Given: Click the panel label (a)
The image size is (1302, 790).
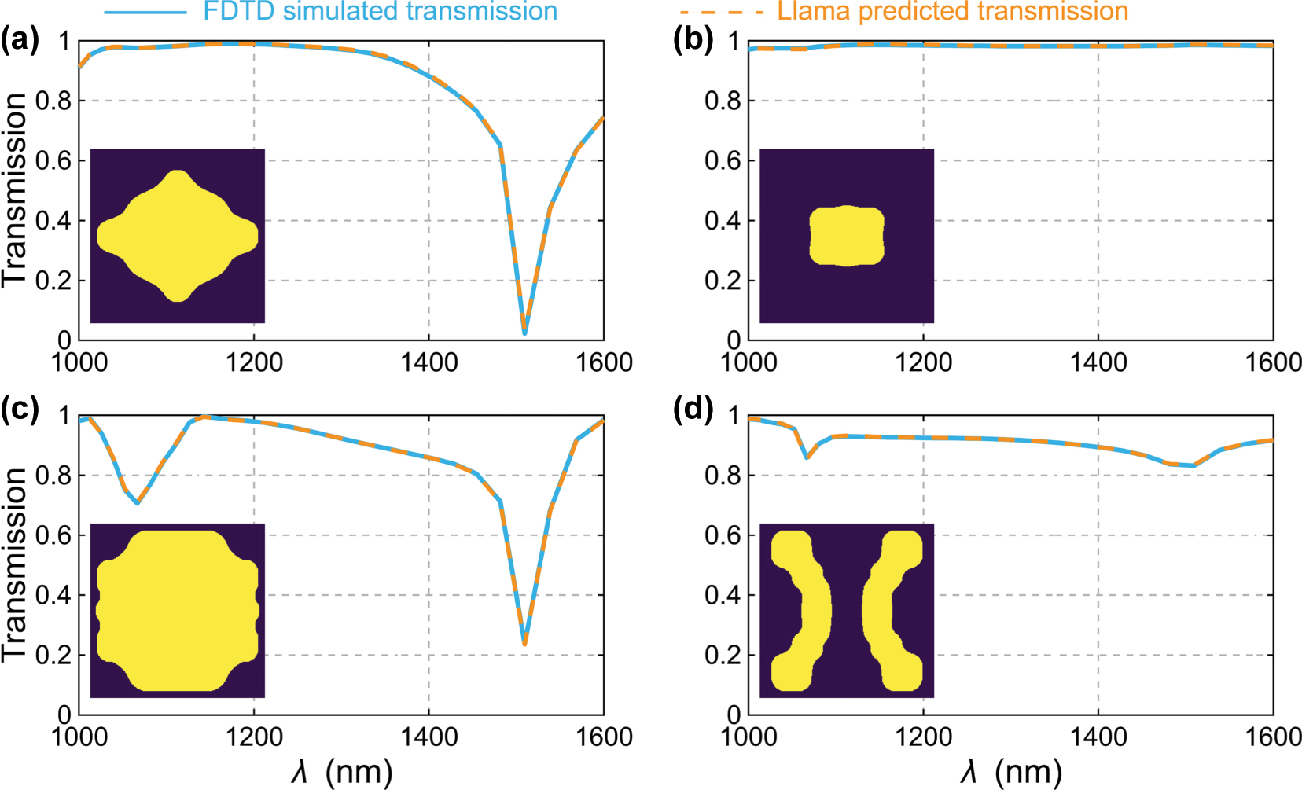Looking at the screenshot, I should tap(20, 39).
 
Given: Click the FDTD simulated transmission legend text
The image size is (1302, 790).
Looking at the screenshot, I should tap(380, 11).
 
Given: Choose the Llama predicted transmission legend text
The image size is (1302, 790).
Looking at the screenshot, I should tap(953, 11).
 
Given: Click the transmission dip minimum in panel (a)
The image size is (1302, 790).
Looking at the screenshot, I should tap(524, 333).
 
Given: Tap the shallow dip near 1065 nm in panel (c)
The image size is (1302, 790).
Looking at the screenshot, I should tap(138, 502).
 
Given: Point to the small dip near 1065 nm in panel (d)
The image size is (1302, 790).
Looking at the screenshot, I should tap(807, 457).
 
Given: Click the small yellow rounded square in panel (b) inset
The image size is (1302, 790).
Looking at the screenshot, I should tap(847, 236).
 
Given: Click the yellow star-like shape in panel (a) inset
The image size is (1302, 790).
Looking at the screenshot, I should tap(178, 236).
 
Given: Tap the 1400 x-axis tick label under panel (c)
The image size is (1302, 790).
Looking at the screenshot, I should tap(428, 737).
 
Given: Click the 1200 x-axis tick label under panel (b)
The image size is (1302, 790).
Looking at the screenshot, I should tap(923, 362).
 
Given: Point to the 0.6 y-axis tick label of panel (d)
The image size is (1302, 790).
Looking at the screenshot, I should tap(723, 535).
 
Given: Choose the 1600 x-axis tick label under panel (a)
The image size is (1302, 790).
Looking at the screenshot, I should tap(604, 362).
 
